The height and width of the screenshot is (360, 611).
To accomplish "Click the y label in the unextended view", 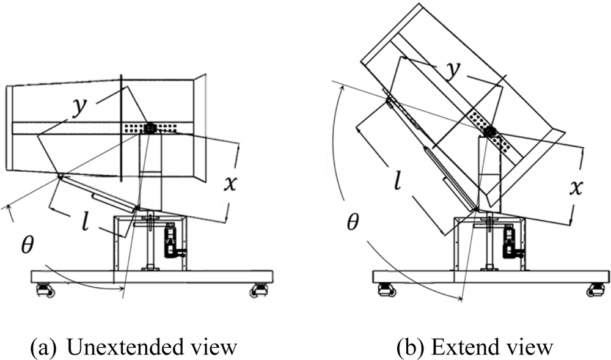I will pyautogui.click(x=79, y=107).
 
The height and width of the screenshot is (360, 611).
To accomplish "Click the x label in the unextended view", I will pyautogui.click(x=229, y=182).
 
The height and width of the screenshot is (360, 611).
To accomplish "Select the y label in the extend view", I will pyautogui.click(x=453, y=70).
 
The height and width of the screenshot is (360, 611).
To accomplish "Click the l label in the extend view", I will pyautogui.click(x=398, y=181).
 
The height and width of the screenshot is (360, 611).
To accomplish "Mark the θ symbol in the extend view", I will pyautogui.click(x=353, y=222).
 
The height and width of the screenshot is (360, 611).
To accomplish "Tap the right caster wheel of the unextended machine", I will pyautogui.click(x=259, y=290).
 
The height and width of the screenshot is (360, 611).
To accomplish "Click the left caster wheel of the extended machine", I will pyautogui.click(x=386, y=290).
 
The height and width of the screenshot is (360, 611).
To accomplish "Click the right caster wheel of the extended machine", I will pyautogui.click(x=596, y=290).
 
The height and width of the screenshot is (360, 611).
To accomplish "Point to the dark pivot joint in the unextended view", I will pyautogui.click(x=150, y=128).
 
